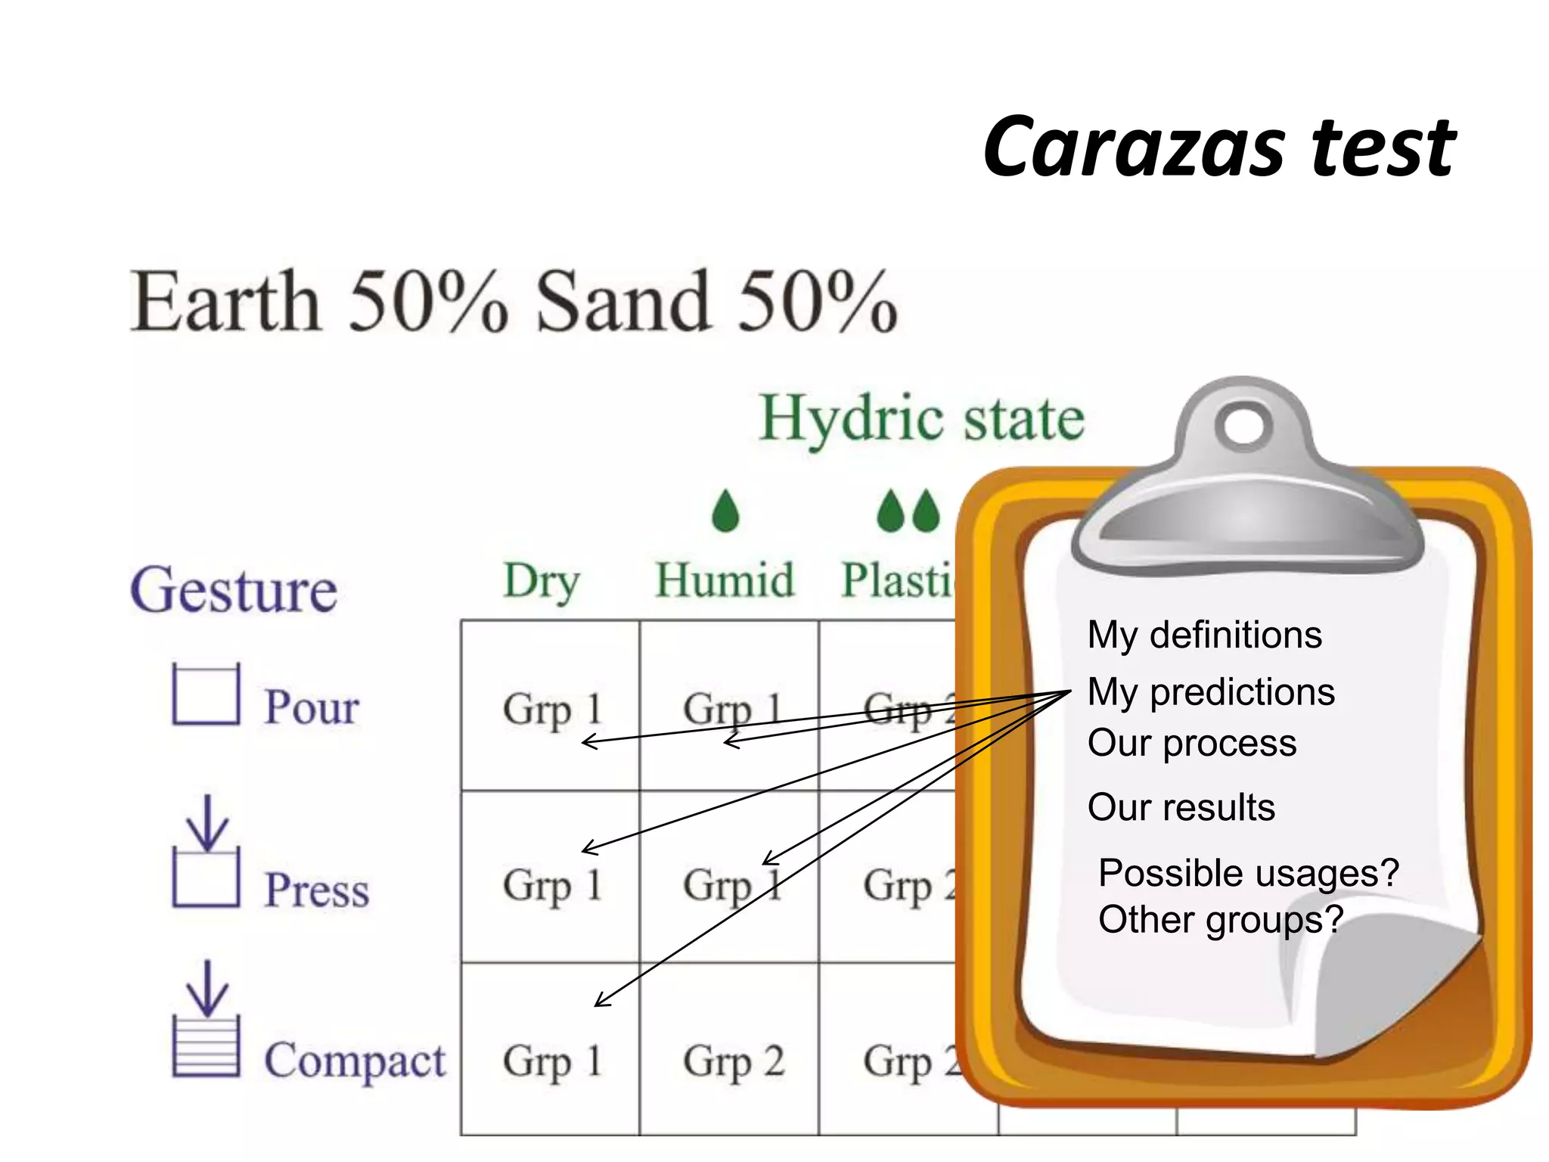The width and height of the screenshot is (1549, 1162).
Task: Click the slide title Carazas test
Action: (1218, 148)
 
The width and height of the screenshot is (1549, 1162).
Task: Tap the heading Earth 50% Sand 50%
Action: (514, 302)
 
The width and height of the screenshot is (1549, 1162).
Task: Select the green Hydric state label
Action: (922, 418)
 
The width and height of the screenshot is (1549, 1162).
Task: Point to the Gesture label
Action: (234, 590)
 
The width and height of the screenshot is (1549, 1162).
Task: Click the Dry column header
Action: (542, 581)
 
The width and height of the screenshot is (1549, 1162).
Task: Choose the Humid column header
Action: (725, 581)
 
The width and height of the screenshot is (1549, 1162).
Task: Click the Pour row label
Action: (311, 707)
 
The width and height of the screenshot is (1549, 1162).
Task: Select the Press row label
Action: (316, 889)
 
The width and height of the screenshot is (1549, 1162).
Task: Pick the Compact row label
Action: (354, 1061)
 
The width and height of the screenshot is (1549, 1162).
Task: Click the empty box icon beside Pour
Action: (206, 695)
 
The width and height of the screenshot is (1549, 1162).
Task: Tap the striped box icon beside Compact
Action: (206, 1046)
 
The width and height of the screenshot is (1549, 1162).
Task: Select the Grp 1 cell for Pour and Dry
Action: (551, 710)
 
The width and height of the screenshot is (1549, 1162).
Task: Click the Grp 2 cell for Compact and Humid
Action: (733, 1061)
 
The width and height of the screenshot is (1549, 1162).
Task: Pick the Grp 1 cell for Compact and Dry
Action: (551, 1061)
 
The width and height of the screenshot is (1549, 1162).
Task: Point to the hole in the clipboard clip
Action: (1243, 425)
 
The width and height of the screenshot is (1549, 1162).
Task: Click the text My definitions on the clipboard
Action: (1204, 634)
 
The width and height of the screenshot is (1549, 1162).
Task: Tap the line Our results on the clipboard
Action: (1181, 807)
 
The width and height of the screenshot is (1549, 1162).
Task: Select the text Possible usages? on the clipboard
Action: (1248, 873)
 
